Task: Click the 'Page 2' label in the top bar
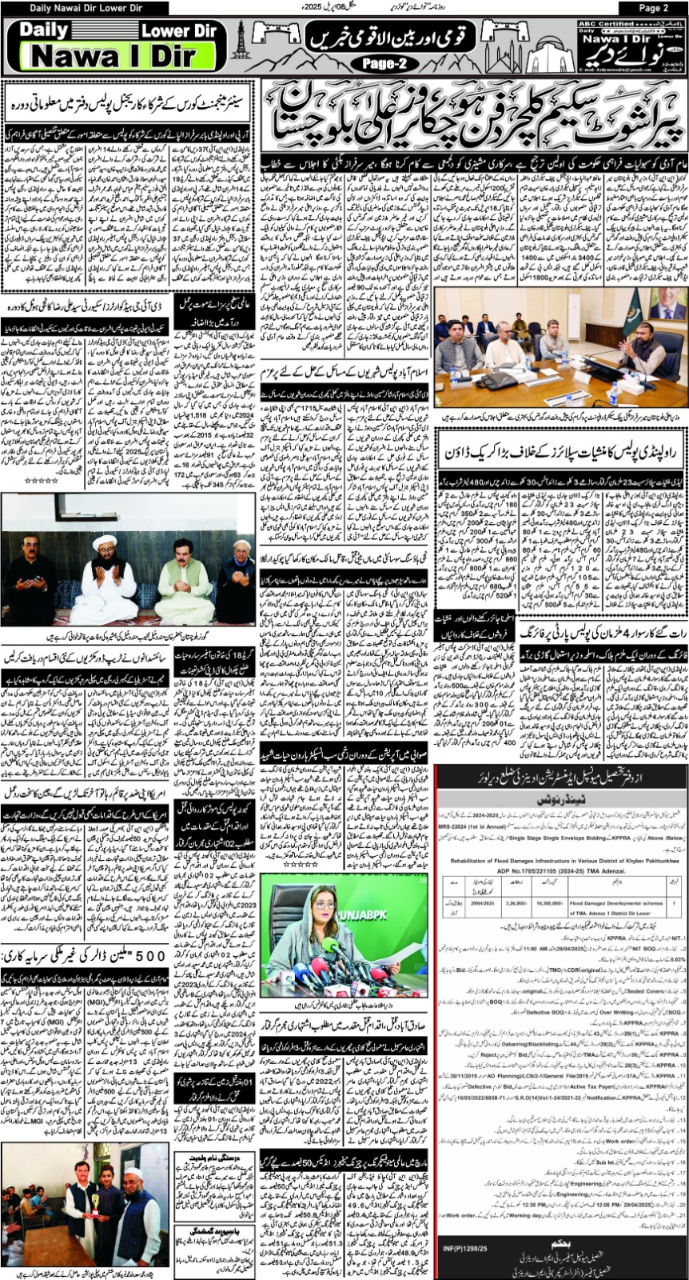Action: (x=653, y=8)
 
